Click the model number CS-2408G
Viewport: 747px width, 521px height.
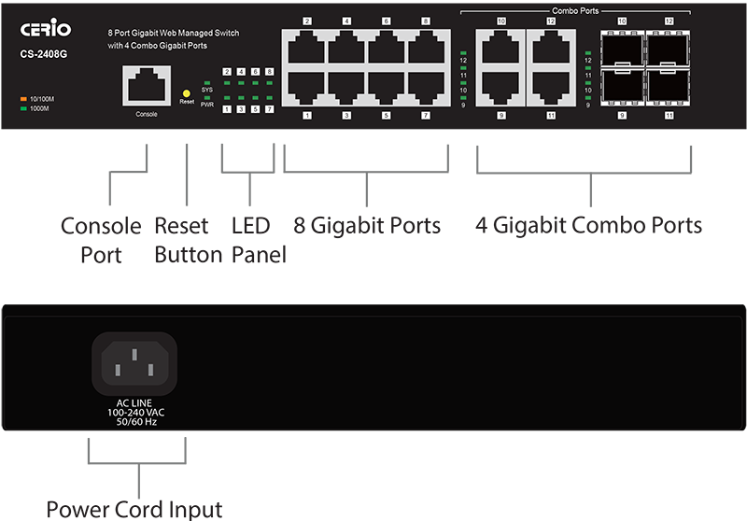click(45, 54)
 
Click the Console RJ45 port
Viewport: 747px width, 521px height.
click(146, 88)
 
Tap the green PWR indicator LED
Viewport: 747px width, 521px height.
click(208, 96)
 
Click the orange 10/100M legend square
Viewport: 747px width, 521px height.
click(21, 98)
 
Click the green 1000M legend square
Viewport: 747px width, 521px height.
click(21, 108)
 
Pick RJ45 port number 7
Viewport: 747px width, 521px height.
click(426, 91)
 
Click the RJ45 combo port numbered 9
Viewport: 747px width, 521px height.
click(500, 91)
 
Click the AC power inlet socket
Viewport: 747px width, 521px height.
click(133, 361)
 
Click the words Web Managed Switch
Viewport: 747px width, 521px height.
click(192, 33)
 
